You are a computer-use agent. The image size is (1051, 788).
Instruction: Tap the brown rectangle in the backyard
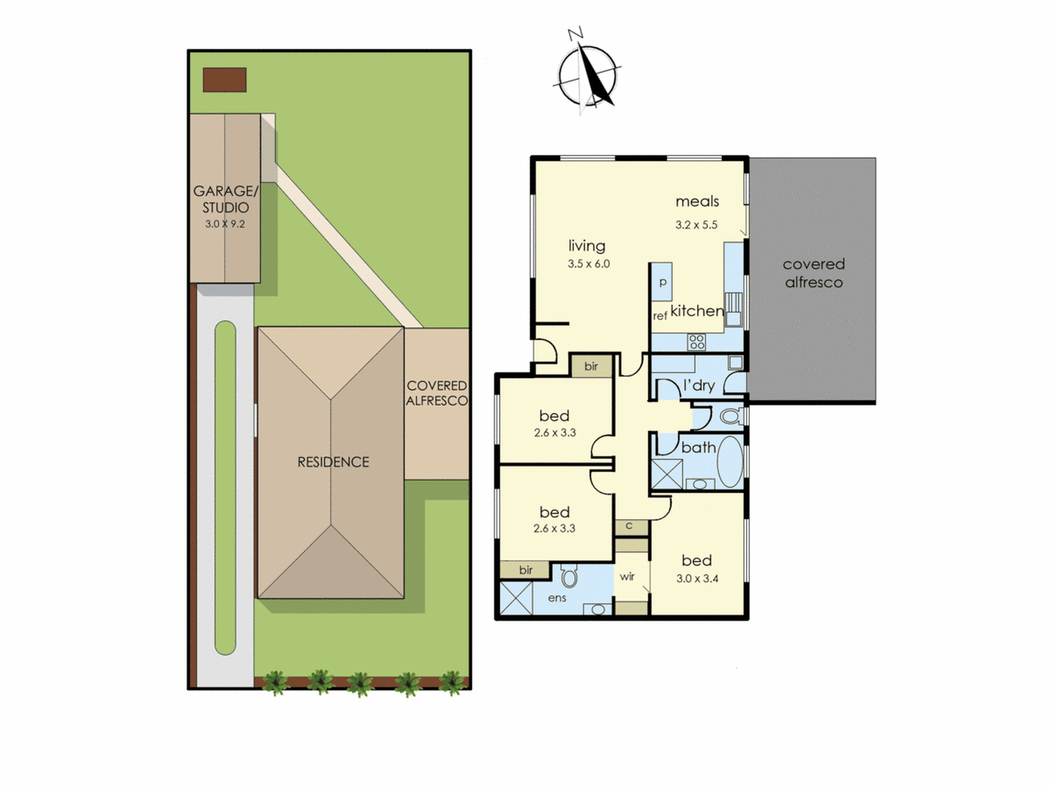pyautogui.click(x=224, y=80)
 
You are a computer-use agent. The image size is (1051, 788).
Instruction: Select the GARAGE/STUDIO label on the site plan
pyautogui.click(x=225, y=199)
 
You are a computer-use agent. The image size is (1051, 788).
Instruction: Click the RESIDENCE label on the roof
pyautogui.click(x=333, y=462)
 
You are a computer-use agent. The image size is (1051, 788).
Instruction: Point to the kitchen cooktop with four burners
pyautogui.click(x=697, y=342)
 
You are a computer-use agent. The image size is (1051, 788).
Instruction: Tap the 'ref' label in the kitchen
pyautogui.click(x=660, y=315)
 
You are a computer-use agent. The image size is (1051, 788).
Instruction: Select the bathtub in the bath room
pyautogui.click(x=730, y=462)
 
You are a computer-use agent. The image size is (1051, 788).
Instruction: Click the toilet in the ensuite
pyautogui.click(x=569, y=576)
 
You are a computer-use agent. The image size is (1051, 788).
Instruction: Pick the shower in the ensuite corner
pyautogui.click(x=516, y=597)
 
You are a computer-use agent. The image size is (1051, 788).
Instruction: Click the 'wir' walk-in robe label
pyautogui.click(x=627, y=576)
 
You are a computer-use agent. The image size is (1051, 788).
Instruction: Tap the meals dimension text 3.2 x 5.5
pyautogui.click(x=696, y=225)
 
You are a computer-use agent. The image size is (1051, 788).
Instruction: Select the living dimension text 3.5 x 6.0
pyautogui.click(x=589, y=264)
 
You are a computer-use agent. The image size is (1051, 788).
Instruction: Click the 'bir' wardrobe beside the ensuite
pyautogui.click(x=525, y=569)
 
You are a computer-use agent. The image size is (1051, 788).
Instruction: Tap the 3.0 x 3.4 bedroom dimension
pyautogui.click(x=697, y=578)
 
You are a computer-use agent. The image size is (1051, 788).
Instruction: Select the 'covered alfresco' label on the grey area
pyautogui.click(x=814, y=273)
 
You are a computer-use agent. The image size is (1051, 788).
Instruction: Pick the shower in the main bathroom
pyautogui.click(x=667, y=474)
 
